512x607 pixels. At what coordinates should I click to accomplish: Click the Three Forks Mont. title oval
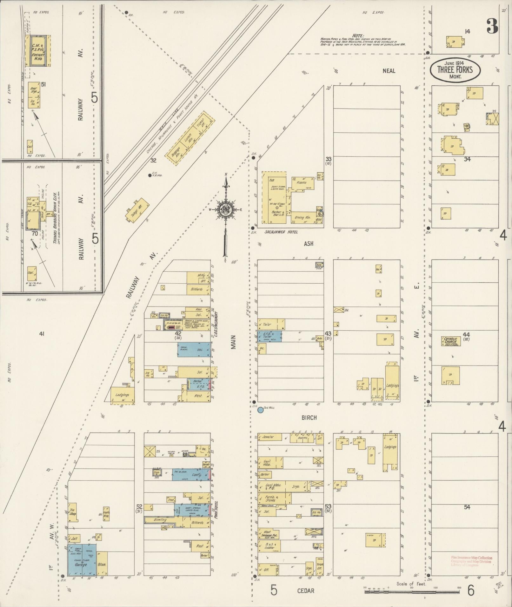click(455, 69)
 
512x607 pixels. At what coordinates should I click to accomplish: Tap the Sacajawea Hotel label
click(281, 232)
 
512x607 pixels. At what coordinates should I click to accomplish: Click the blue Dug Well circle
click(260, 410)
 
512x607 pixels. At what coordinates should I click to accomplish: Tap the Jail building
click(74, 538)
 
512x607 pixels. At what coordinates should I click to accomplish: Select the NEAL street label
click(389, 70)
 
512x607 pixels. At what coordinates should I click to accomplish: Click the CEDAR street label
click(305, 591)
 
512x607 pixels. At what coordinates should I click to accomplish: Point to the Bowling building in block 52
click(160, 520)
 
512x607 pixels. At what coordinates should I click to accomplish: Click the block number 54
click(467, 507)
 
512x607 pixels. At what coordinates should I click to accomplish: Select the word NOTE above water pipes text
click(358, 36)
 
